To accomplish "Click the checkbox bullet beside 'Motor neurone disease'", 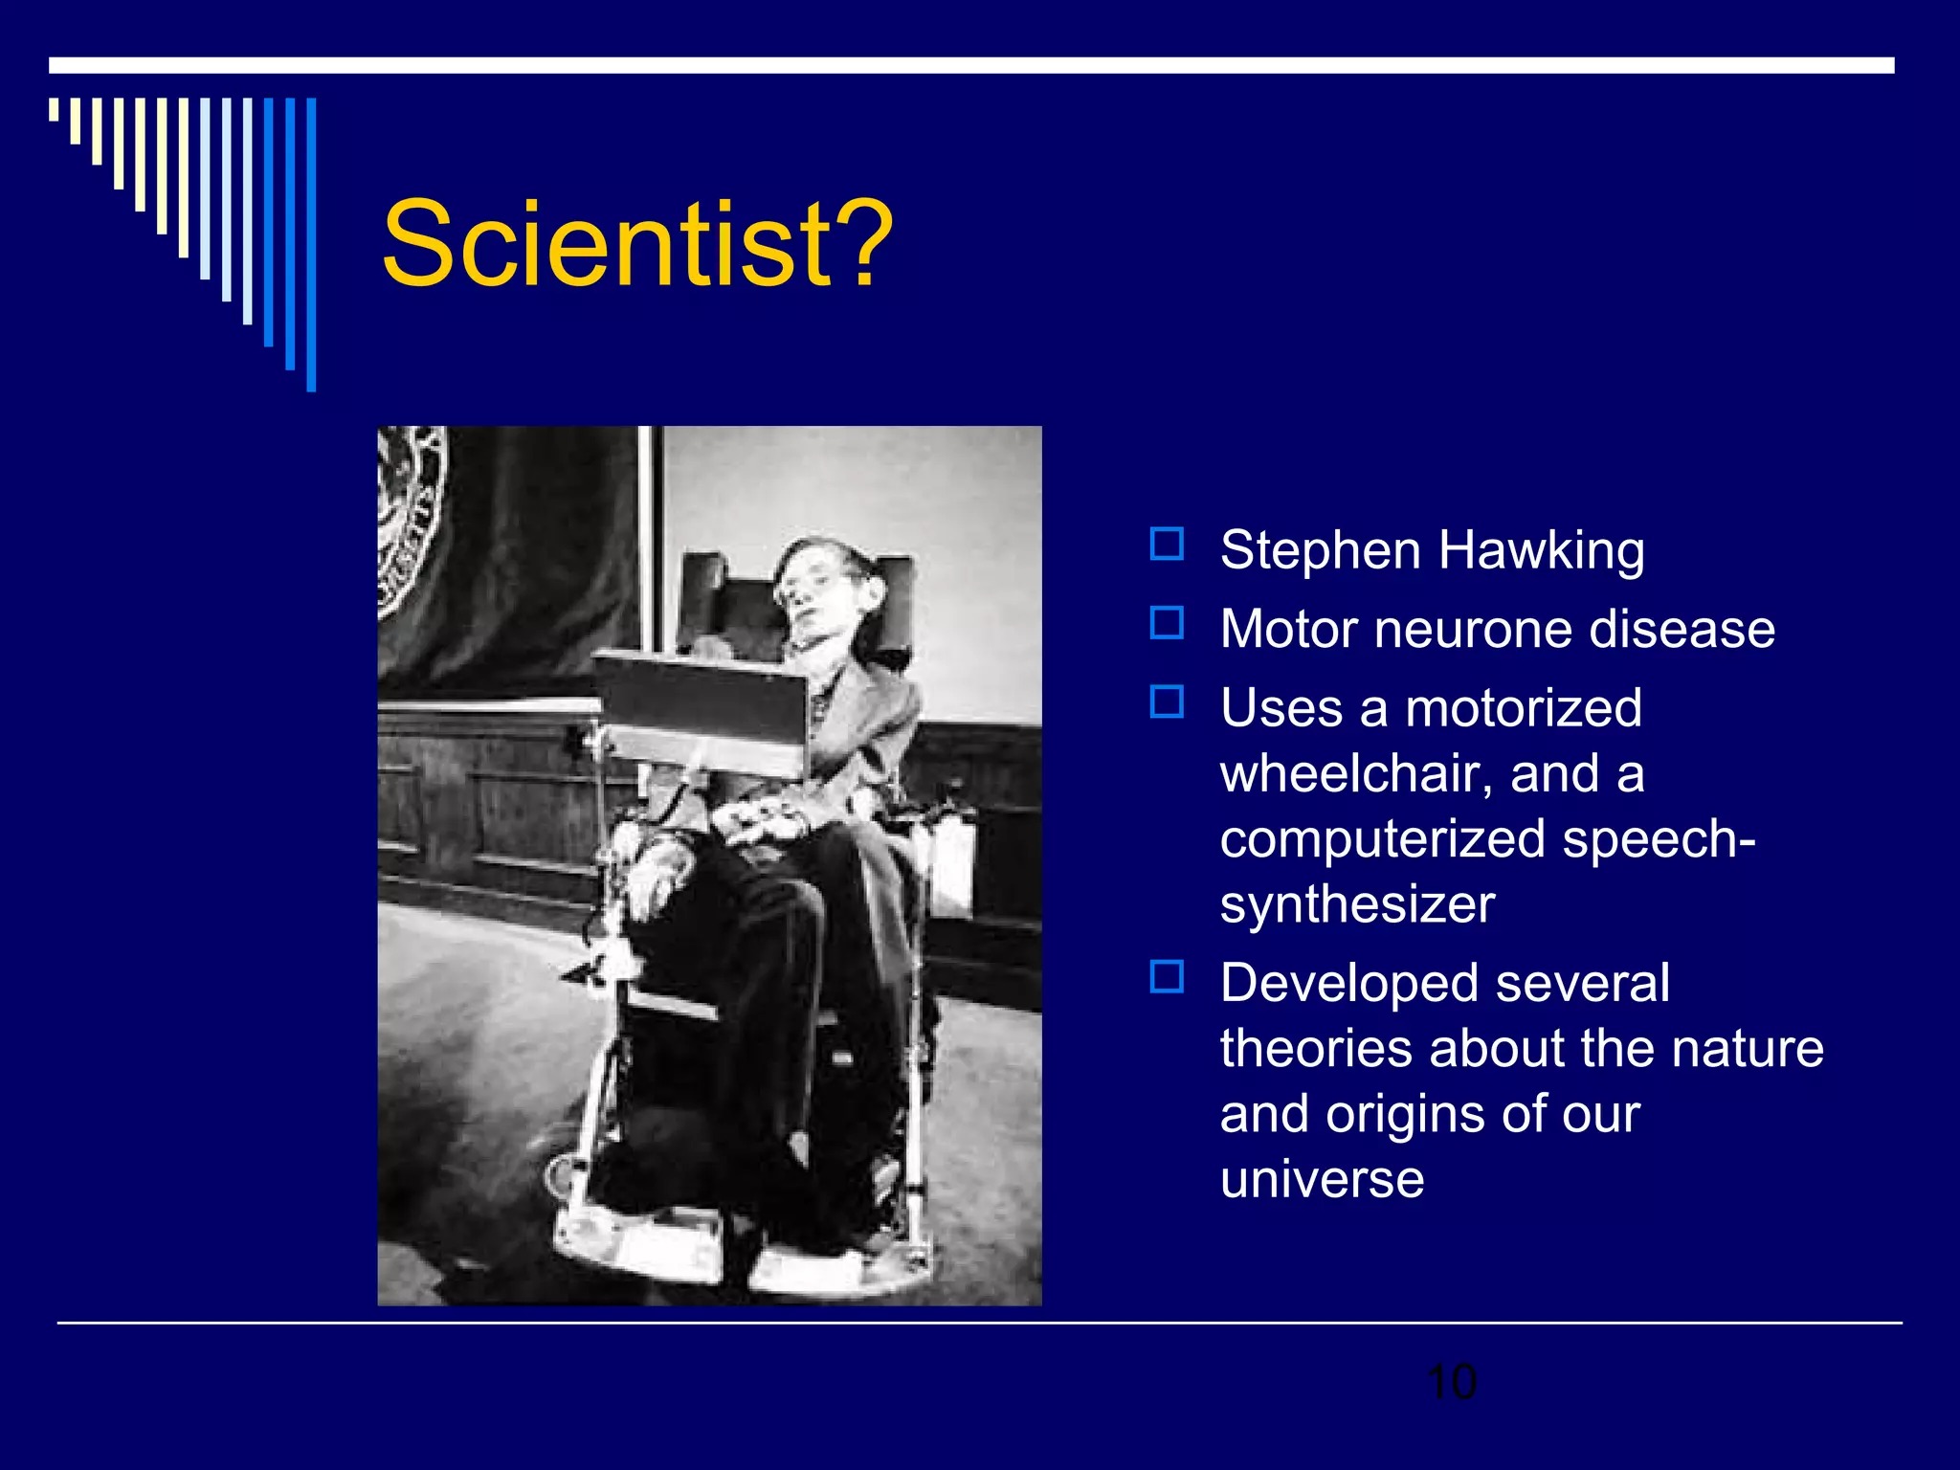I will pyautogui.click(x=1167, y=623).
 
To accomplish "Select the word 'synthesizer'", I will pyautogui.click(x=1356, y=904).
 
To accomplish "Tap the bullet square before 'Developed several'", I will pyautogui.click(x=1167, y=977).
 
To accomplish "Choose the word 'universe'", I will pyautogui.click(x=1322, y=1178).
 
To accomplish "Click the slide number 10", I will pyautogui.click(x=1451, y=1382).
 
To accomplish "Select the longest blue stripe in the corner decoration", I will pyautogui.click(x=311, y=244).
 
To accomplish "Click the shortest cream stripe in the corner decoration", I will pyautogui.click(x=54, y=109).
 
